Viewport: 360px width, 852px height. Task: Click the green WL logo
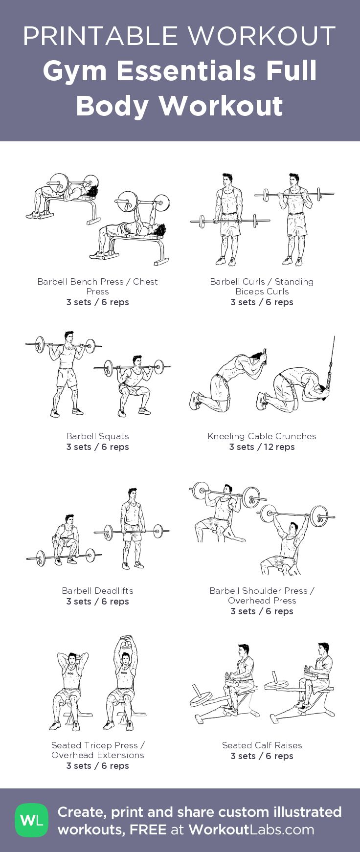pos(32,820)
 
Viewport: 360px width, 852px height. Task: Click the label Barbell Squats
pos(98,436)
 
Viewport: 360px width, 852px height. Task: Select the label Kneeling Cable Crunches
pos(262,436)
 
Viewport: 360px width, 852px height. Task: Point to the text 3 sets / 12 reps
pos(262,447)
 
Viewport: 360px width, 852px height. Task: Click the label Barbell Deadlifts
pos(98,590)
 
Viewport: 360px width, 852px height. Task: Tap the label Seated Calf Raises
pos(262,745)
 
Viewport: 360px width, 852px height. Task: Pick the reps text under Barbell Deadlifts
pos(98,601)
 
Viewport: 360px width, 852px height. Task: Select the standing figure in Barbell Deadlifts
pos(132,528)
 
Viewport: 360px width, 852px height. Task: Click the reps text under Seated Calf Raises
pos(262,756)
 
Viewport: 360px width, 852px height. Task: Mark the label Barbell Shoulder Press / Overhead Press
pos(262,595)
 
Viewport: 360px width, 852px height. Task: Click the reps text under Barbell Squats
pos(98,447)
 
